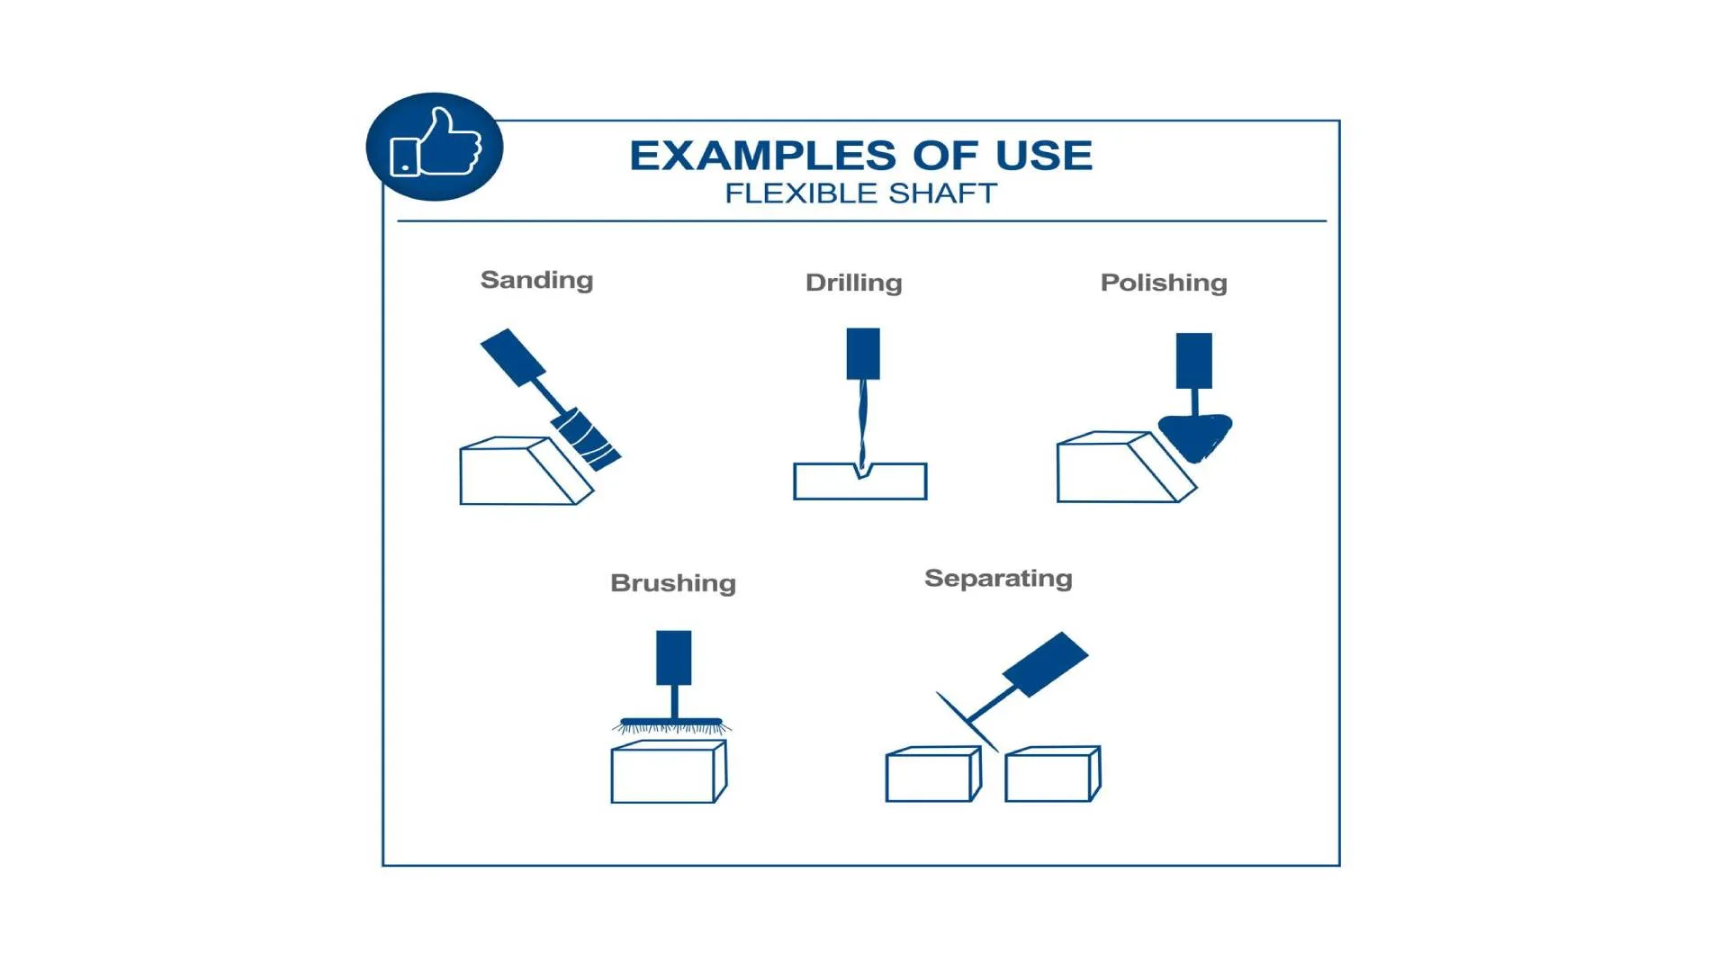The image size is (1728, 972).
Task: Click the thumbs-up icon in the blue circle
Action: [x=436, y=143]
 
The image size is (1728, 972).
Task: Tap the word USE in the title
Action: [x=1044, y=156]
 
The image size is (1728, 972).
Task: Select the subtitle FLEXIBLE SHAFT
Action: [x=861, y=193]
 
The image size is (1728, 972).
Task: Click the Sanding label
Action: [x=537, y=281]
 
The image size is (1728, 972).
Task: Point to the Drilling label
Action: [x=854, y=283]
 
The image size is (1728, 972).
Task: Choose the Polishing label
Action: [x=1164, y=283]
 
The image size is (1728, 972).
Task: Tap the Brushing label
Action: [x=673, y=583]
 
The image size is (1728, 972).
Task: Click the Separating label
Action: [x=998, y=579]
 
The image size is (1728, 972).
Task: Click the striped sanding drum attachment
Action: [x=586, y=439]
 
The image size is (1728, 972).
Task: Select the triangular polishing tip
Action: [x=1195, y=436]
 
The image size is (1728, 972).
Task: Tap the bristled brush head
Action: [x=672, y=724]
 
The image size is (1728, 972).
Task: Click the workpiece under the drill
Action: [x=860, y=481]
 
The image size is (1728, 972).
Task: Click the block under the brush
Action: [x=669, y=771]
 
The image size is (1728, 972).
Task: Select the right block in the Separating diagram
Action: [x=1052, y=774]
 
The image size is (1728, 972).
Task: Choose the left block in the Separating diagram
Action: [x=933, y=774]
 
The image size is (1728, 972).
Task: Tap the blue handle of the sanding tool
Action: [x=513, y=357]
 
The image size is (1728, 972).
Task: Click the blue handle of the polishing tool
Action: [x=1194, y=361]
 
